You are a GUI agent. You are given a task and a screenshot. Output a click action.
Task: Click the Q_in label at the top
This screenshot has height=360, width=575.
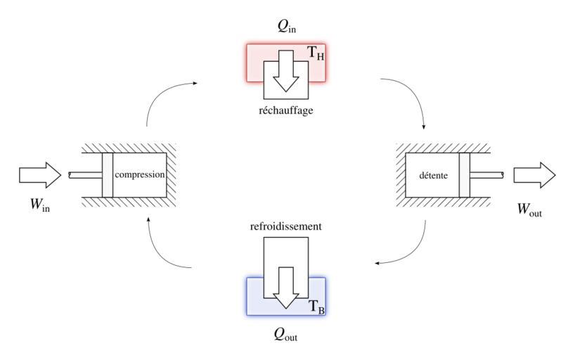click(x=285, y=30)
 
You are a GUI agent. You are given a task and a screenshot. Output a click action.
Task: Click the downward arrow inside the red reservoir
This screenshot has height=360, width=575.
click(x=285, y=74)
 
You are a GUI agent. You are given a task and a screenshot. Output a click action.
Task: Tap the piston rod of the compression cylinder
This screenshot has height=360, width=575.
click(x=85, y=175)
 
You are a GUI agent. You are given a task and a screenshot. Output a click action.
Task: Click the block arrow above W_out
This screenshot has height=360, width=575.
click(x=534, y=174)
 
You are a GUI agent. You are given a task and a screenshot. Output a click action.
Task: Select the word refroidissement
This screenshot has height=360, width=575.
click(x=285, y=227)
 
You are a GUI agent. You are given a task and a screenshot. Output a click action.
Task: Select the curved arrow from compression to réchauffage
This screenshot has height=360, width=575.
click(x=160, y=95)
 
